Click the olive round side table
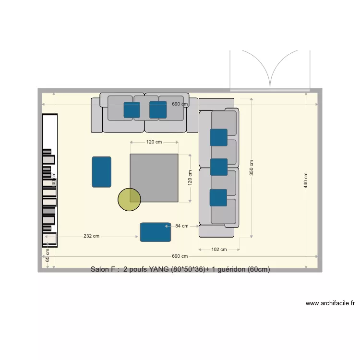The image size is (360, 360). pyautogui.click(x=129, y=199)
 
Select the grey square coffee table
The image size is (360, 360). pyautogui.click(x=154, y=178)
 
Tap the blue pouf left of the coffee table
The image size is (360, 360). pyautogui.click(x=102, y=171)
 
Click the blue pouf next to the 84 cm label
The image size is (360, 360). pyautogui.click(x=156, y=232)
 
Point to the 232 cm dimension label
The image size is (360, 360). pyautogui.click(x=91, y=236)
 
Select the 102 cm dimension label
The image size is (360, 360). pyautogui.click(x=219, y=250)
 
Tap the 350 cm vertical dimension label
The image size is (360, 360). pyautogui.click(x=252, y=168)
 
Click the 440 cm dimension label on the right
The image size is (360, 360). pyautogui.click(x=306, y=180)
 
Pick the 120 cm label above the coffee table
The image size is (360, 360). pyautogui.click(x=154, y=142)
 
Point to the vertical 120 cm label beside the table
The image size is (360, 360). pyautogui.click(x=190, y=178)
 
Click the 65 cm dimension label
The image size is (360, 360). pyautogui.click(x=48, y=255)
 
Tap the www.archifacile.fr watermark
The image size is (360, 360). pyautogui.click(x=330, y=303)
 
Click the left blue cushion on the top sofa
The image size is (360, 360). pyautogui.click(x=132, y=109)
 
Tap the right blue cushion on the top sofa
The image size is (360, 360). pyautogui.click(x=157, y=109)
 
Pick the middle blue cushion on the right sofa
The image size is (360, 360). pyautogui.click(x=218, y=167)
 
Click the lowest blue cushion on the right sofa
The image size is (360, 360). pyautogui.click(x=218, y=197)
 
